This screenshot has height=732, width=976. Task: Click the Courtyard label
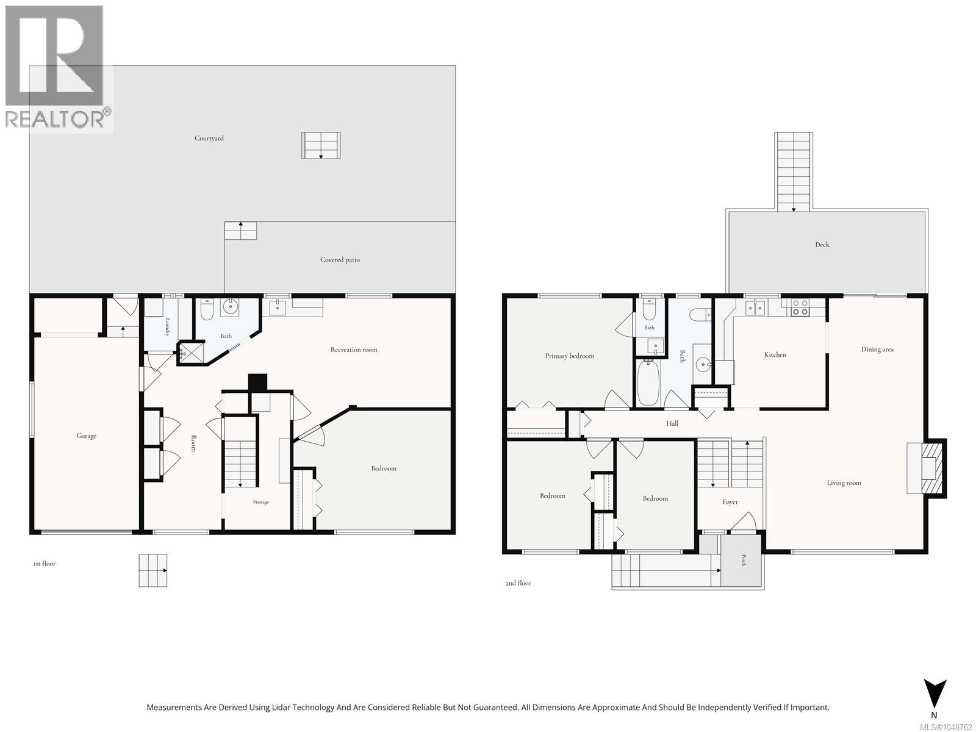click(x=209, y=138)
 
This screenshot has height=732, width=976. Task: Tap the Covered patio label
click(x=340, y=260)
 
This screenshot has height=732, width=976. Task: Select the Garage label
click(x=86, y=436)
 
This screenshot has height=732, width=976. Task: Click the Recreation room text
click(x=353, y=350)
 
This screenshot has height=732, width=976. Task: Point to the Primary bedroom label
click(x=570, y=356)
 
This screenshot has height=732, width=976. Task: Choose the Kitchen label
click(x=775, y=354)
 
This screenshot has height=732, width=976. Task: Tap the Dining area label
click(x=877, y=350)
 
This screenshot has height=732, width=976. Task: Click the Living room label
click(x=844, y=483)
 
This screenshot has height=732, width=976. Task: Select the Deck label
click(x=822, y=245)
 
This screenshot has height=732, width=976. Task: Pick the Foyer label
click(x=730, y=502)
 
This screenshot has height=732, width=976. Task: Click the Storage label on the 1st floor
click(x=261, y=502)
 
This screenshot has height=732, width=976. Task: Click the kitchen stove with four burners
click(x=800, y=307)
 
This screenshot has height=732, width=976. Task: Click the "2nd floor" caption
click(x=518, y=583)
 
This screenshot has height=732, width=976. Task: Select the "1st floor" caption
click(x=45, y=564)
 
